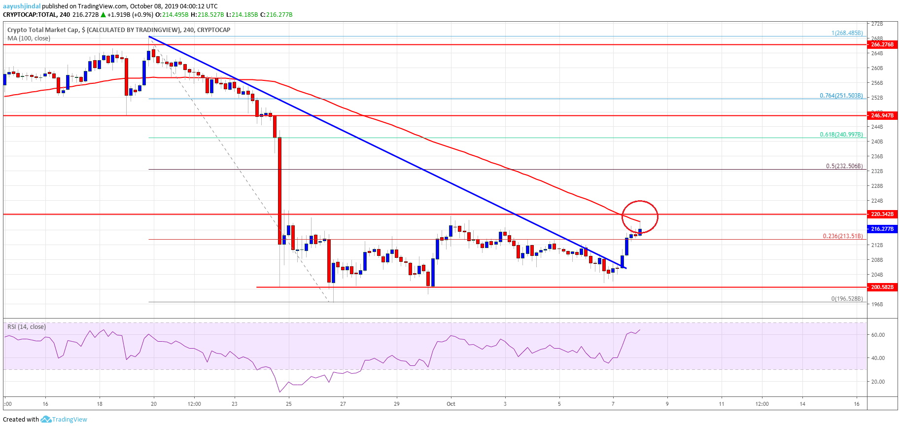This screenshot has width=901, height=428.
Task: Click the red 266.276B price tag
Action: point(882,44)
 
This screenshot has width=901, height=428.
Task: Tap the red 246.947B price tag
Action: point(882,115)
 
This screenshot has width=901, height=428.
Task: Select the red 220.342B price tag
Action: point(882,214)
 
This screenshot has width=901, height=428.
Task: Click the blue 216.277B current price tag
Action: point(882,229)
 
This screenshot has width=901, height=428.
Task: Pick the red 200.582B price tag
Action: point(882,287)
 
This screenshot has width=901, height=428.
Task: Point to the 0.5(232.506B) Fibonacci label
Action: point(844,166)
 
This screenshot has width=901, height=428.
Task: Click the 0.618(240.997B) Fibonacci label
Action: point(841,135)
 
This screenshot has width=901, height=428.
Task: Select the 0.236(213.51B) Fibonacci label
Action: point(843,236)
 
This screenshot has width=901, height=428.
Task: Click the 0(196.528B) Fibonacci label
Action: point(847,299)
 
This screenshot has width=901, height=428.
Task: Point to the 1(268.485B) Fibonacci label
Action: point(847,33)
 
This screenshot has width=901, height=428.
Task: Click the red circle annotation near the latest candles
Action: point(640,216)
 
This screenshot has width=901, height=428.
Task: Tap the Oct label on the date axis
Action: point(451,404)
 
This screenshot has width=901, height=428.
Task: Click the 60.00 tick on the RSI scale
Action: point(878,335)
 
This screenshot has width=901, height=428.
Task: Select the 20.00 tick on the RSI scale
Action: point(878,382)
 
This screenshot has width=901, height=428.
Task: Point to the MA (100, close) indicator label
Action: point(29,38)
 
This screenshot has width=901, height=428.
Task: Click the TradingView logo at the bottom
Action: point(64,420)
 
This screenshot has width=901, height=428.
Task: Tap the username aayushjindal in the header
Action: point(22,6)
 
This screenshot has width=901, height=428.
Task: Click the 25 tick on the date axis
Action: point(289,404)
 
